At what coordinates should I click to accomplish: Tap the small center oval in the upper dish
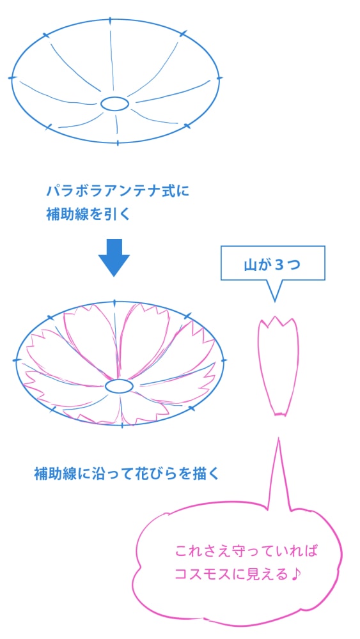[x=114, y=104]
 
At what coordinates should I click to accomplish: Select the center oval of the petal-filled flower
[x=119, y=386]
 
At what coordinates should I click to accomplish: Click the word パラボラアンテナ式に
[x=118, y=190]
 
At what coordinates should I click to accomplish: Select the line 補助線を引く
[x=88, y=214]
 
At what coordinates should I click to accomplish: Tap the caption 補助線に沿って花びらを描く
[x=127, y=474]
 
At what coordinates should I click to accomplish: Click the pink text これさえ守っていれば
[x=246, y=552]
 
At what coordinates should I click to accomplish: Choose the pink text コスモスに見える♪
[x=238, y=574]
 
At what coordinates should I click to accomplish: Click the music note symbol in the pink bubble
[x=295, y=574]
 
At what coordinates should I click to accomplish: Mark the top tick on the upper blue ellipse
[x=110, y=20]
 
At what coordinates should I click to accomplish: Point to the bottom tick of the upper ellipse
[x=118, y=142]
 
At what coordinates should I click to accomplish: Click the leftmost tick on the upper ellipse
[x=12, y=77]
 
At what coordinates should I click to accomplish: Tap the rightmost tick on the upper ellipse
[x=220, y=77]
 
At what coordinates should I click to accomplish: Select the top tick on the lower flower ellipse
[x=114, y=303]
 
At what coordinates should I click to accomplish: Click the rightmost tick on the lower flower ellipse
[x=223, y=360]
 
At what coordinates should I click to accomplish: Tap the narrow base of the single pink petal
[x=279, y=414]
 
